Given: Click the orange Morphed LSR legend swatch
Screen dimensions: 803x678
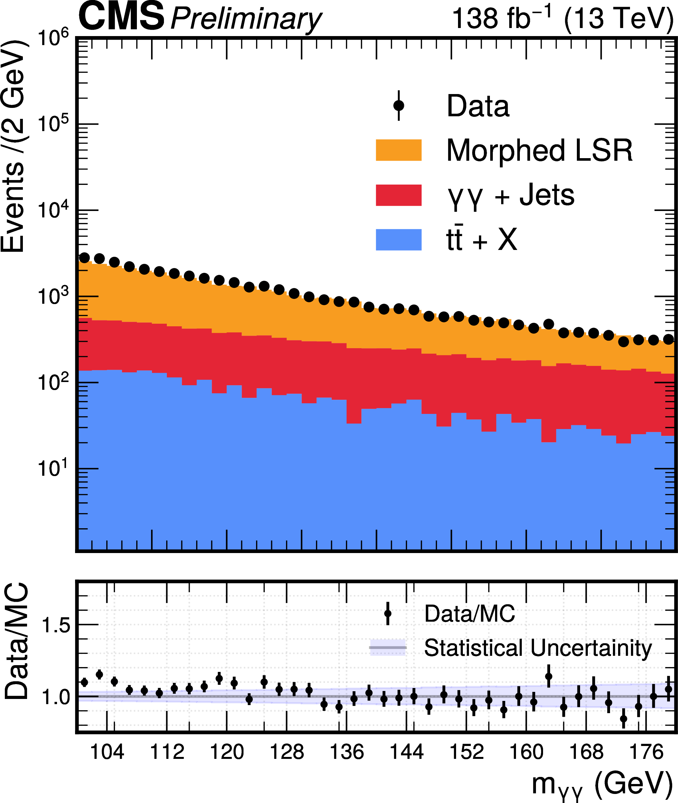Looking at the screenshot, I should [x=398, y=150].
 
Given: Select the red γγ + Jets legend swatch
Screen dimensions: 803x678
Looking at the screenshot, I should [x=398, y=195].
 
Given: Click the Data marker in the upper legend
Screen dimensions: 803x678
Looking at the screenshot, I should [x=398, y=105].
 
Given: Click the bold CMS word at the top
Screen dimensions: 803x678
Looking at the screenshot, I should [x=121, y=17].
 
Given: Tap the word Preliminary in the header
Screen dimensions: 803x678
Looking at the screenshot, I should [x=246, y=19].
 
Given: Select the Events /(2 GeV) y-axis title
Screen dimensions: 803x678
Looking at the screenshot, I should [x=13, y=146].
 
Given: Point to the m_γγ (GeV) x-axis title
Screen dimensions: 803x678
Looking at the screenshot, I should [x=602, y=784].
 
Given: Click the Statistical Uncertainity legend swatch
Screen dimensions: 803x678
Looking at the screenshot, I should [x=387, y=647].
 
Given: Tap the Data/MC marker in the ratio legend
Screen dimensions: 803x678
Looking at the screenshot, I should [x=387, y=613].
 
